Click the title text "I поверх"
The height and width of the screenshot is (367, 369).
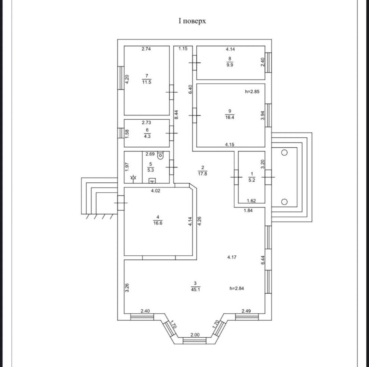[x=192, y=21]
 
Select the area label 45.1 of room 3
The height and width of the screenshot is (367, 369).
[x=195, y=289]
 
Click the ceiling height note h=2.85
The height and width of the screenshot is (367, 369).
[x=252, y=92]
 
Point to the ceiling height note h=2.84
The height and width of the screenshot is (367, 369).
[x=236, y=288]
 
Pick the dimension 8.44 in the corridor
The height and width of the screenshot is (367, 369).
[x=176, y=115]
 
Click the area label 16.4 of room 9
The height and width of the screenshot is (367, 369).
[x=230, y=117]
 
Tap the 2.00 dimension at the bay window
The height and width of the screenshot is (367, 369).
[x=195, y=335]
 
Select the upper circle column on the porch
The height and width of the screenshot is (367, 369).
[x=284, y=152]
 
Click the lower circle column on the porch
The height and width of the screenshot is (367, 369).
[x=284, y=202]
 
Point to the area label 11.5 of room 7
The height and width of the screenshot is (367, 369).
[x=147, y=82]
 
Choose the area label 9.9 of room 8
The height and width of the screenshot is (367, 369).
[x=230, y=65]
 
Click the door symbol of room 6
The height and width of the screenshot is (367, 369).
[x=172, y=133]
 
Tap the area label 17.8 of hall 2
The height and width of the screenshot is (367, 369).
[x=202, y=174]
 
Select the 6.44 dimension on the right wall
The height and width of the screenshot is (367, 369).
[x=263, y=260]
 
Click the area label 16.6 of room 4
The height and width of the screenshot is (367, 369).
[x=158, y=223]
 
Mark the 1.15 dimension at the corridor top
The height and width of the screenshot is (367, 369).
[x=183, y=49]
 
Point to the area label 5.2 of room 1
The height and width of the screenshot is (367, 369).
[x=252, y=180]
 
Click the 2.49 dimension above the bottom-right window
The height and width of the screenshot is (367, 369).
[x=246, y=311]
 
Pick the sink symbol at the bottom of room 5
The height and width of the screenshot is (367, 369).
[x=152, y=181]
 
